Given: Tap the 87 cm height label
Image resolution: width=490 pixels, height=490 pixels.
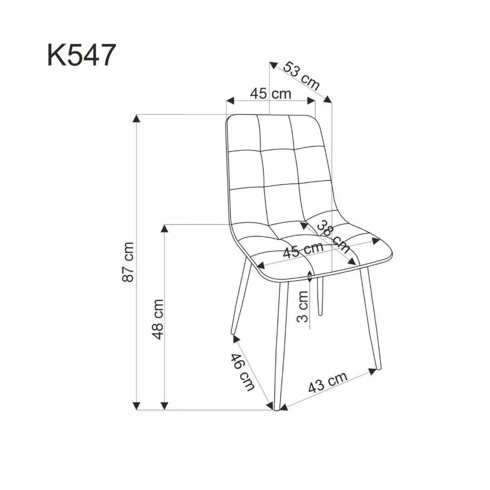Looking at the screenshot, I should click(x=129, y=262).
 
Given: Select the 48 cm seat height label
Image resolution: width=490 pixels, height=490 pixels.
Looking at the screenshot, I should click(x=157, y=318).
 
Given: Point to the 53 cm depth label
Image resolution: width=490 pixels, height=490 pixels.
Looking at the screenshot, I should click(x=302, y=75).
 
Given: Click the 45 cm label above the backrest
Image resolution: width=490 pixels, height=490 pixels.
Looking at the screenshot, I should click(x=270, y=93).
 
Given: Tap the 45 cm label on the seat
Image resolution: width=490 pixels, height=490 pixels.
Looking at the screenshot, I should click(x=303, y=250).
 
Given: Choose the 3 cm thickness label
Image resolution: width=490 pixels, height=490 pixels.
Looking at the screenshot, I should click(x=303, y=306).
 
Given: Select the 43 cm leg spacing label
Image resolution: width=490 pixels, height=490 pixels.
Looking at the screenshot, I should click(x=328, y=382).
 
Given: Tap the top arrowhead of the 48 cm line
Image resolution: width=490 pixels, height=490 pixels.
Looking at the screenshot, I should click(x=165, y=228).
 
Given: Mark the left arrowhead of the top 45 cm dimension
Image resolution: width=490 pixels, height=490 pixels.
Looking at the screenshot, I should click(x=230, y=100).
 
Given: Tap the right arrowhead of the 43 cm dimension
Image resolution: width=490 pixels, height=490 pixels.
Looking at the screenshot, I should click(x=373, y=371).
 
